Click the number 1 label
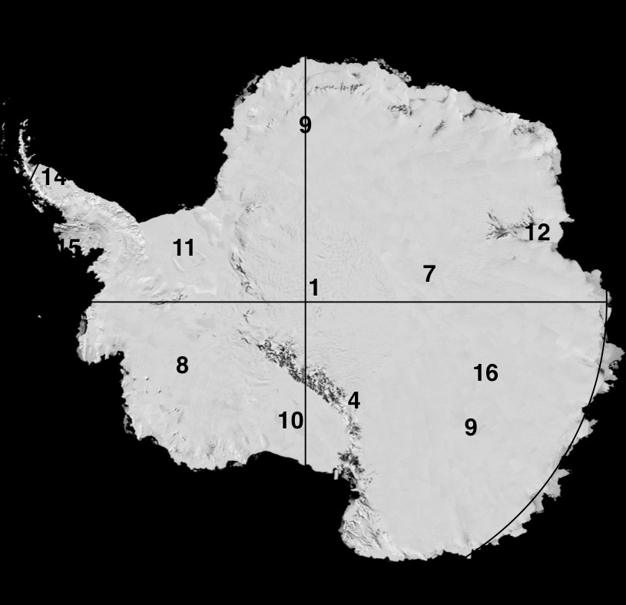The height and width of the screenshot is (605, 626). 313,288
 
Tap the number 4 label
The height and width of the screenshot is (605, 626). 353,401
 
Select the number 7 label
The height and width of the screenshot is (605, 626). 429,273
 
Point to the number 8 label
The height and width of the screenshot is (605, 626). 182,365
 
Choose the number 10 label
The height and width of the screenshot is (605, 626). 290,421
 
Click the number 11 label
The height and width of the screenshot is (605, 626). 184,248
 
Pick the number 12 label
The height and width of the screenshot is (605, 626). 538,233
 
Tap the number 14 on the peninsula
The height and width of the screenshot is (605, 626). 54,177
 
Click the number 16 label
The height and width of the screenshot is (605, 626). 485,373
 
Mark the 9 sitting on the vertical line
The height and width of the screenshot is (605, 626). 306,124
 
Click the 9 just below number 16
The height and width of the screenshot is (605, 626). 471,427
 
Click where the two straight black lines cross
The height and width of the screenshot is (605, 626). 306,302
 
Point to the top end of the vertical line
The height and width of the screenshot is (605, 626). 306,58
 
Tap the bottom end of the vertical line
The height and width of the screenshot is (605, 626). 306,464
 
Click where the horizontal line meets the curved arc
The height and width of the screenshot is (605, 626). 607,302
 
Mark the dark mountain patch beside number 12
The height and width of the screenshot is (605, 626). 503,229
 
